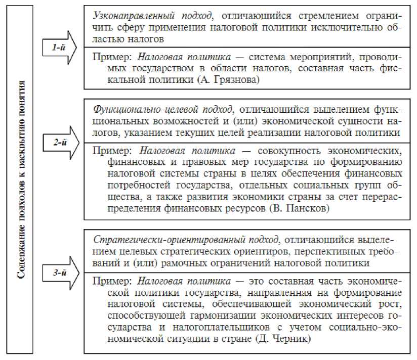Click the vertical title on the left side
pos(21,179)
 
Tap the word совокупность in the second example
pos(296,151)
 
